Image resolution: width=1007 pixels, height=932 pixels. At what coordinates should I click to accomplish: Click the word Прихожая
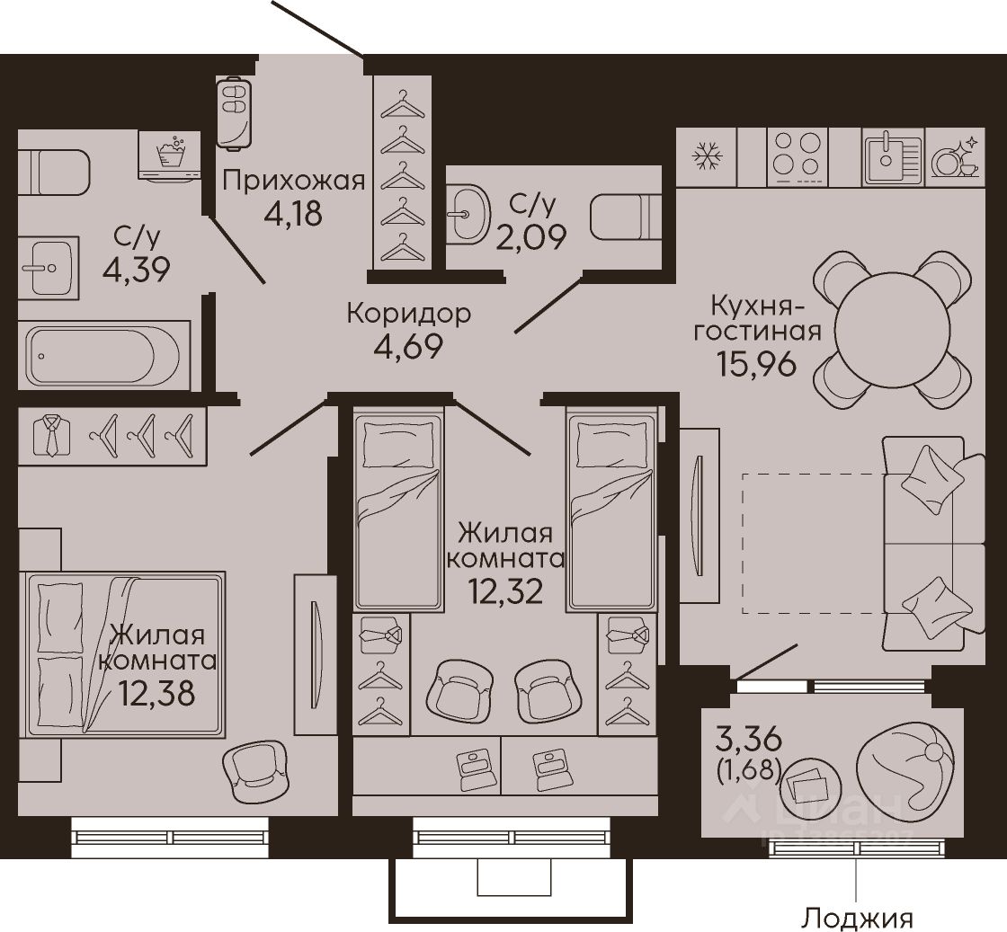pos(293,182)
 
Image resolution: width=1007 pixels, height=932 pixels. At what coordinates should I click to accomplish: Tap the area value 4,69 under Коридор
pos(408,347)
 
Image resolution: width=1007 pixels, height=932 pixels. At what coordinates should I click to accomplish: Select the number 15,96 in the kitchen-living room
pos(755,364)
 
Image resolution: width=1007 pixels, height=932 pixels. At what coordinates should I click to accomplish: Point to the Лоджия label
pos(859,918)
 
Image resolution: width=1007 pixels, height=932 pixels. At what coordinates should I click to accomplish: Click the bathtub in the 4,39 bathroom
pos(103,355)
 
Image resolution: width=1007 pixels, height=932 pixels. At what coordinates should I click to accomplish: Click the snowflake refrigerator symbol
pos(707,157)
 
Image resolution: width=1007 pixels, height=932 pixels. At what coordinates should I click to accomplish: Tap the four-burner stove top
pos(797,157)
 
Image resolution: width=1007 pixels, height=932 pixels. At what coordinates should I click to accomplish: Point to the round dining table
pos(893,332)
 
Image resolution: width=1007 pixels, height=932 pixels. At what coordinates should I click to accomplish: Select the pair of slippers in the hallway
pos(235,113)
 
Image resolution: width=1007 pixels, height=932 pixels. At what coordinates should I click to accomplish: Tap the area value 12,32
pos(505,591)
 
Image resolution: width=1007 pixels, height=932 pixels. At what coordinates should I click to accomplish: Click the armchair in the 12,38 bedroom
pos(254,770)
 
